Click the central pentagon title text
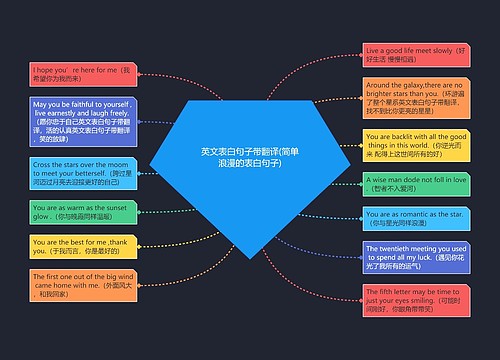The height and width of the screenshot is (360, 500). [249, 156]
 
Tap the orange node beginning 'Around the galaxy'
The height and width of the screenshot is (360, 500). [416, 97]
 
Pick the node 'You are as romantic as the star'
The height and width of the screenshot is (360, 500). [416, 219]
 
